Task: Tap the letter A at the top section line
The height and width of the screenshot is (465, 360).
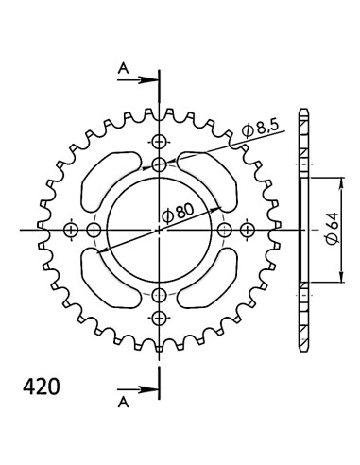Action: (x=122, y=66)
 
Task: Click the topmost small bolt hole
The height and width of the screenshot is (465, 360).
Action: (x=159, y=142)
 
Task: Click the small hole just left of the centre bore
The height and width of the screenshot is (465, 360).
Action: (x=94, y=230)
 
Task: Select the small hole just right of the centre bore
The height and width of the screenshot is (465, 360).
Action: (x=224, y=230)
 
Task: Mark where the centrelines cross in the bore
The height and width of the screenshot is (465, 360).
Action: (x=159, y=230)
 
